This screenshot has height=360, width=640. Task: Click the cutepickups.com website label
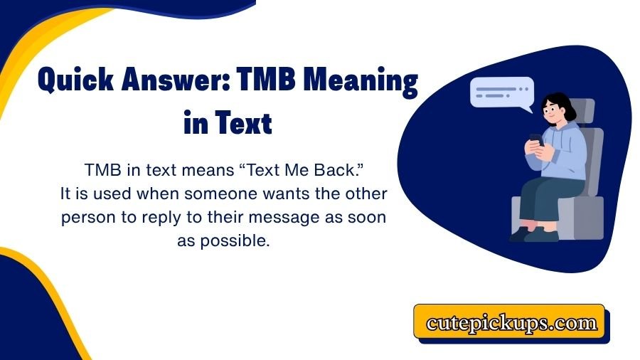[x=511, y=322]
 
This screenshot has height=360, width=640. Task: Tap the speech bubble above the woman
[x=501, y=93]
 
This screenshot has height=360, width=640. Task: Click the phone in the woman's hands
[x=535, y=139]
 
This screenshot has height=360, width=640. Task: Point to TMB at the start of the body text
[x=100, y=171]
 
